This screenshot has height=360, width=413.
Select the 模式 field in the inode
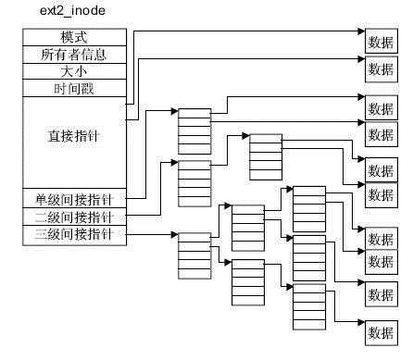point(73,38)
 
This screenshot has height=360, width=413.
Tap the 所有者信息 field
point(73,55)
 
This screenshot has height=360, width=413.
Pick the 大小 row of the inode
point(73,71)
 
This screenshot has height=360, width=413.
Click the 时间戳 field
point(73,89)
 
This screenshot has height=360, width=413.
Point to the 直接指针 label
point(73,136)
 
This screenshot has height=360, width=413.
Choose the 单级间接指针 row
point(73,199)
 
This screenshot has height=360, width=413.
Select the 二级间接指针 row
point(73,217)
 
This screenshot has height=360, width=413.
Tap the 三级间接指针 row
point(73,234)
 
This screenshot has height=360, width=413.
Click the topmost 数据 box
point(380,41)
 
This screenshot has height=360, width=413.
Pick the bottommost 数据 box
point(380,332)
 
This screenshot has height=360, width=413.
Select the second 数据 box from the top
point(380,68)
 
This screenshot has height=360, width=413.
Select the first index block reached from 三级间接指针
point(194,254)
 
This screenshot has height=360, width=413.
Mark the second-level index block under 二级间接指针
point(266,157)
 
